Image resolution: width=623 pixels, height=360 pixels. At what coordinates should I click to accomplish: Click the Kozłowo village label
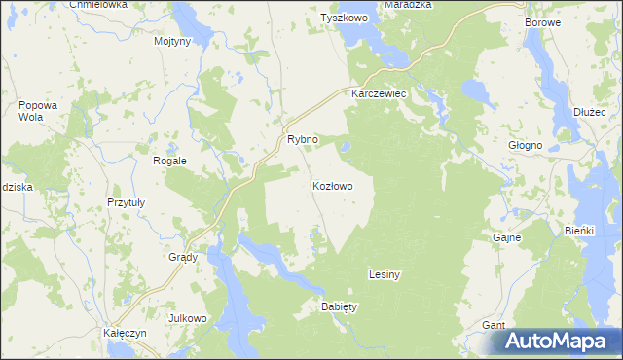pyautogui.click(x=332, y=185)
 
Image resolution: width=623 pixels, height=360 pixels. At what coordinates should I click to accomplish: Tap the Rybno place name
pyautogui.click(x=302, y=140)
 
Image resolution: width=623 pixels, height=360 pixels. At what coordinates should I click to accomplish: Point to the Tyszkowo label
pyautogui.click(x=348, y=18)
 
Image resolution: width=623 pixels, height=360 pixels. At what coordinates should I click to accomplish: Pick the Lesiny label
pyautogui.click(x=385, y=275)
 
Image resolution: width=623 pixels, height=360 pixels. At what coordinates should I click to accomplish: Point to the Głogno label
pyautogui.click(x=526, y=145)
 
